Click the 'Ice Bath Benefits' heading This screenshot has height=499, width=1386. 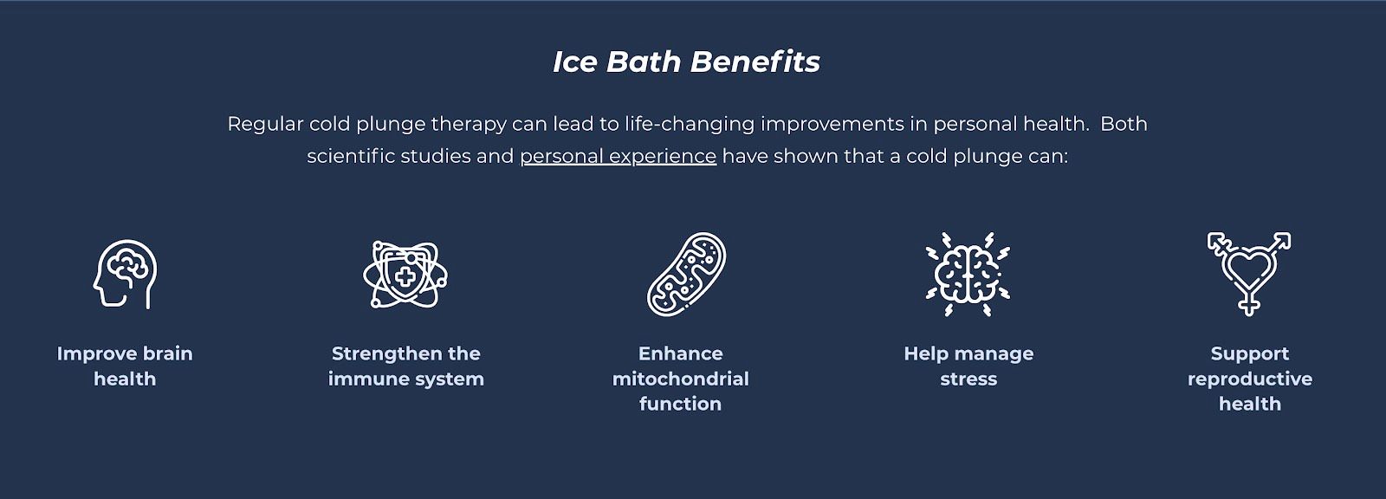pyautogui.click(x=686, y=62)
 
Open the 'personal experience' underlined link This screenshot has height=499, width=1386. pyautogui.click(x=619, y=156)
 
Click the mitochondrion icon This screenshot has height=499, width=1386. pyautogui.click(x=686, y=275)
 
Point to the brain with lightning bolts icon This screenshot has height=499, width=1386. pyautogui.click(x=968, y=275)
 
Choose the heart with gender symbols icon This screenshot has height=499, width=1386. pyautogui.click(x=1248, y=275)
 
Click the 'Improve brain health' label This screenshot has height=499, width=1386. pyautogui.click(x=125, y=366)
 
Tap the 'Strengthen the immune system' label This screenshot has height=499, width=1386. pyautogui.click(x=406, y=366)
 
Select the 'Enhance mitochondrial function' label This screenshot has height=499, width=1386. pyautogui.click(x=681, y=379)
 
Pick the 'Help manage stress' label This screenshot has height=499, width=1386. pyautogui.click(x=969, y=366)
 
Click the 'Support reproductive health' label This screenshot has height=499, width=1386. pyautogui.click(x=1250, y=379)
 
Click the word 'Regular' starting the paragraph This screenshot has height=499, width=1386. pyautogui.click(x=265, y=125)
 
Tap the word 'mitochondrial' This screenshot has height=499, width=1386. pyautogui.click(x=681, y=379)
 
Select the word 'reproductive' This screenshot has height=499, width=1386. pyautogui.click(x=1250, y=379)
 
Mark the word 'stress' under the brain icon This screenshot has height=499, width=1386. pyautogui.click(x=969, y=379)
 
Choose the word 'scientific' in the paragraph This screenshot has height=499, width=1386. pyautogui.click(x=351, y=156)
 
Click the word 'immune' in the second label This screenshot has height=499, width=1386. pyautogui.click(x=363, y=379)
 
